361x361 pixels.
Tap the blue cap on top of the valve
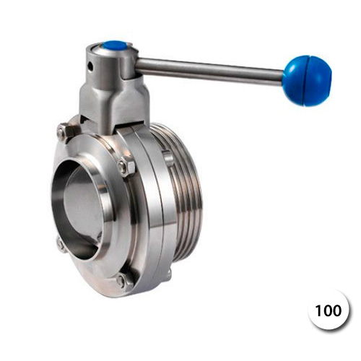click(115, 47)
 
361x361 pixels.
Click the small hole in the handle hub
click(90, 66)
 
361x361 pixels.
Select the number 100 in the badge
click(328, 310)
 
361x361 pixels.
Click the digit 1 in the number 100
click(318, 310)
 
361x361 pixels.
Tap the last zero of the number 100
click(337, 310)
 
